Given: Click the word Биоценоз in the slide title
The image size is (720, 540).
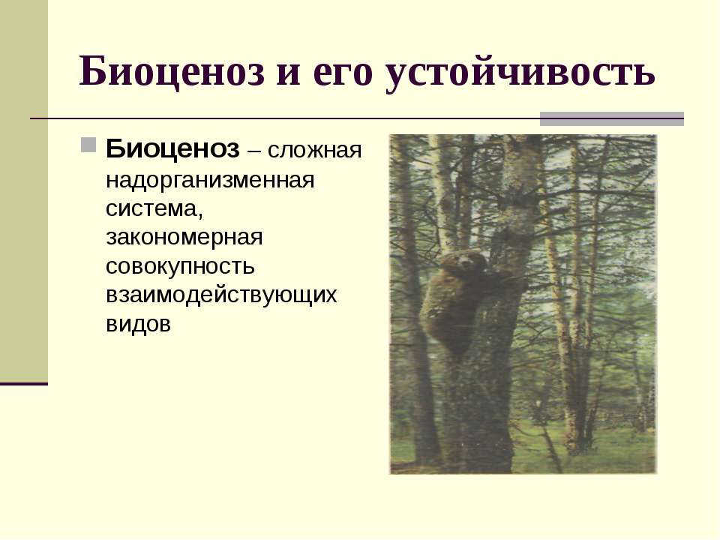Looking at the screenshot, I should pyautogui.click(x=174, y=72).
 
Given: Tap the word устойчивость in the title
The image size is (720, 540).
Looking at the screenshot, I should pyautogui.click(x=520, y=72).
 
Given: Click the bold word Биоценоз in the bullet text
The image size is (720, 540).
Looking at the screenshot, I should pyautogui.click(x=172, y=149).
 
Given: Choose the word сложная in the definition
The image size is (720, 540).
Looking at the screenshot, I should pyautogui.click(x=316, y=150).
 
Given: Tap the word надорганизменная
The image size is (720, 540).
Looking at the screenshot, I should pyautogui.click(x=209, y=180).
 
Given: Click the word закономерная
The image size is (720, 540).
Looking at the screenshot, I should pyautogui.click(x=184, y=238).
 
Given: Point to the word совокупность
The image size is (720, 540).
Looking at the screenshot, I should pyautogui.click(x=180, y=266).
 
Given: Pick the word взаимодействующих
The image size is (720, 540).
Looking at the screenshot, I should pyautogui.click(x=221, y=295).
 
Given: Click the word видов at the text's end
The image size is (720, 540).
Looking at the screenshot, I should pyautogui.click(x=138, y=324).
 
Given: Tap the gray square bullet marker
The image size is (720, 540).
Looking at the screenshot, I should pyautogui.click(x=88, y=143).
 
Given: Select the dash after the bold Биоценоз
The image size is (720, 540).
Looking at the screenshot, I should pyautogui.click(x=254, y=151).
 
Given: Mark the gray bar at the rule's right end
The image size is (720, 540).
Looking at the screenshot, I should pyautogui.click(x=612, y=118).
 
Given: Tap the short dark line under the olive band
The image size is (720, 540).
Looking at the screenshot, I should pyautogui.click(x=23, y=384).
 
